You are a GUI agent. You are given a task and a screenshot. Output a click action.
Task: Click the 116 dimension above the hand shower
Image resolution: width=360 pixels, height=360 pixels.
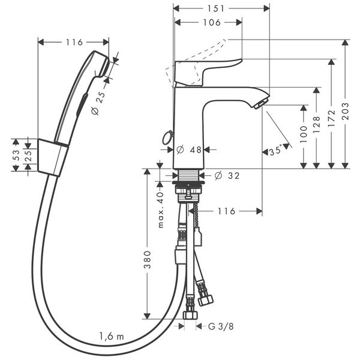pyautogui.click(x=74, y=42)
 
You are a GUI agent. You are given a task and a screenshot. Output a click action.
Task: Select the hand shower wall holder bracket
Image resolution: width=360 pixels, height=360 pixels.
pyautogui.click(x=49, y=155)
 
